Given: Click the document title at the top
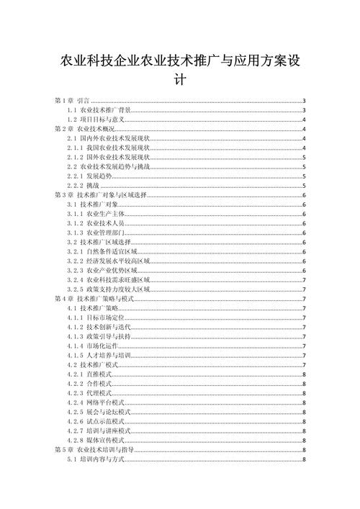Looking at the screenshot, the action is [180, 70].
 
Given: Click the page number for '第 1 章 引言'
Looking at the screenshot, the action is [305, 101].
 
